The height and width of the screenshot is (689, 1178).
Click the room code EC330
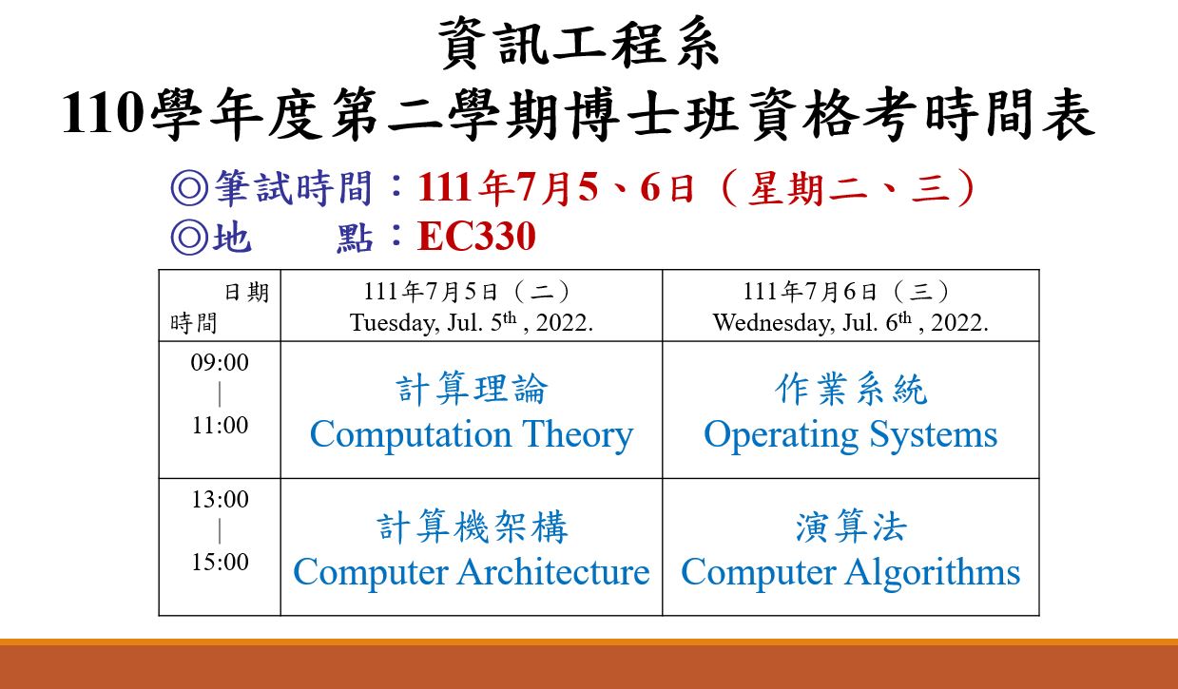476,236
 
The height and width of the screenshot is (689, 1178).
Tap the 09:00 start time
220,363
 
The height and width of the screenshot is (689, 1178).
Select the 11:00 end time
220,425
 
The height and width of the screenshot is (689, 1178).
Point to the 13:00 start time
220,499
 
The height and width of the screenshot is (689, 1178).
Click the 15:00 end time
220,562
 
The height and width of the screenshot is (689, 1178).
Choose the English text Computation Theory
472,435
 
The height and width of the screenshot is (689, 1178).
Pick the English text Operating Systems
850,435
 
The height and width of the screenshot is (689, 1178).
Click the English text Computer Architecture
472,572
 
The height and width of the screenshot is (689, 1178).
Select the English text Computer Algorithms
850,573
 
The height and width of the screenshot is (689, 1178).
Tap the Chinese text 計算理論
472,390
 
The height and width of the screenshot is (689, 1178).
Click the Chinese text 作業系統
851,390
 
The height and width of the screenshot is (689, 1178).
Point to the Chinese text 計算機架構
472,526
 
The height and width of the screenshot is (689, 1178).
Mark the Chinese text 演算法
851,526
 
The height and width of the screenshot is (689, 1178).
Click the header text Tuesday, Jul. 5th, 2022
472,322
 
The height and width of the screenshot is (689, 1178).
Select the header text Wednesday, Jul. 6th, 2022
850,322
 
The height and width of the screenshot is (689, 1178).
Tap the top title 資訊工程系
578,43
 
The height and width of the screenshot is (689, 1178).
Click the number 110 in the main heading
103,113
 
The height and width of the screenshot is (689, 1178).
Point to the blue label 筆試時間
294,188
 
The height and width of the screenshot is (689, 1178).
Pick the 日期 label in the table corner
246,292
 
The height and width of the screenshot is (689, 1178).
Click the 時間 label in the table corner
193,323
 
